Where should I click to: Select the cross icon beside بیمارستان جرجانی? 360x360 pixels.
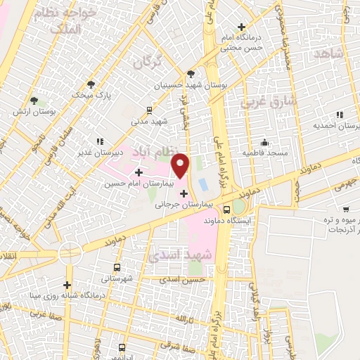[x=184, y=193]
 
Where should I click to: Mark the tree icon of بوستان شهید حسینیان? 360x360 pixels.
[x=191, y=73]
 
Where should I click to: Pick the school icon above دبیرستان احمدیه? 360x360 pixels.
[x=340, y=114]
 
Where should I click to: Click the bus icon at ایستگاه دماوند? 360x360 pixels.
[x=226, y=209]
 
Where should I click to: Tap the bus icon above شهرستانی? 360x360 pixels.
[x=116, y=267]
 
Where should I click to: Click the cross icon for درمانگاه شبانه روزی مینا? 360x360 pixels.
[x=67, y=285]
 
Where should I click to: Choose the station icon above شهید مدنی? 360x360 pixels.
[x=149, y=110]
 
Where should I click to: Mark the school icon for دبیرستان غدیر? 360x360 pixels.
[x=99, y=141]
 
